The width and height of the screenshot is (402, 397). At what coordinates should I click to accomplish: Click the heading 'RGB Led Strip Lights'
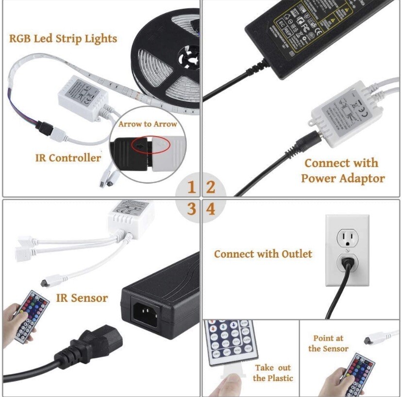(63, 38)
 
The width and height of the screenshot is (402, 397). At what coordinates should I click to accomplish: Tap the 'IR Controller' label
(68, 158)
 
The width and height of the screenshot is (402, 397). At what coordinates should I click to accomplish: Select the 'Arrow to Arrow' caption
(148, 124)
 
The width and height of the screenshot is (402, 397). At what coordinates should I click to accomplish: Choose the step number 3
(191, 209)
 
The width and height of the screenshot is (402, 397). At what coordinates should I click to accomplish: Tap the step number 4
(211, 209)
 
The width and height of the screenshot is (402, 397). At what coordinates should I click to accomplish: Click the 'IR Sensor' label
(82, 298)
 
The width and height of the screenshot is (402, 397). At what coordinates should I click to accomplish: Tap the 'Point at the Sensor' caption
(328, 343)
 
